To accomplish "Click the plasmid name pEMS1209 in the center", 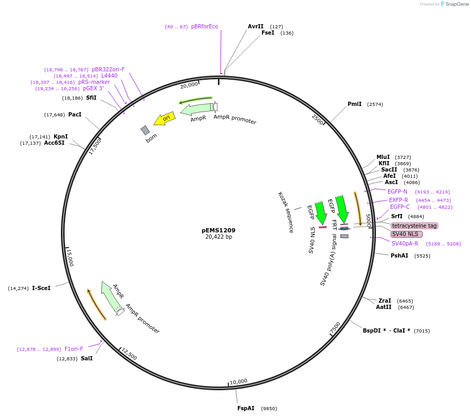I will coord(218,230).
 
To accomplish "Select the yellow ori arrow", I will coord(165,119).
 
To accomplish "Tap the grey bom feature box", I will coord(145,130).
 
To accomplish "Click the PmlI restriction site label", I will coord(354,104).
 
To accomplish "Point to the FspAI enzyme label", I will coord(246,408).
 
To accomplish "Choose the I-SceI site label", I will coord(41,288).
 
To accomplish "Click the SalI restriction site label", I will coord(87,359).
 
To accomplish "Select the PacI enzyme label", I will coord(75,114).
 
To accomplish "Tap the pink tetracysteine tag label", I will coord(414,226).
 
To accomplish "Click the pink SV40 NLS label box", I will coord(405,234).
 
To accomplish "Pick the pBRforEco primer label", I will coord(204,26).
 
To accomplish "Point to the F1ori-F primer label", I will coord(74,349).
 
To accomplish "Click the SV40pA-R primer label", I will coord(405,243).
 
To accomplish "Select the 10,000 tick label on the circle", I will coord(238,381).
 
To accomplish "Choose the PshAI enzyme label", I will coord(399,255).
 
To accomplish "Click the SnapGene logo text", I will coord(456,4).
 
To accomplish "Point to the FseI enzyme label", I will coord(268,33).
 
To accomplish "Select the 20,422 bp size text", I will coord(218,237).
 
